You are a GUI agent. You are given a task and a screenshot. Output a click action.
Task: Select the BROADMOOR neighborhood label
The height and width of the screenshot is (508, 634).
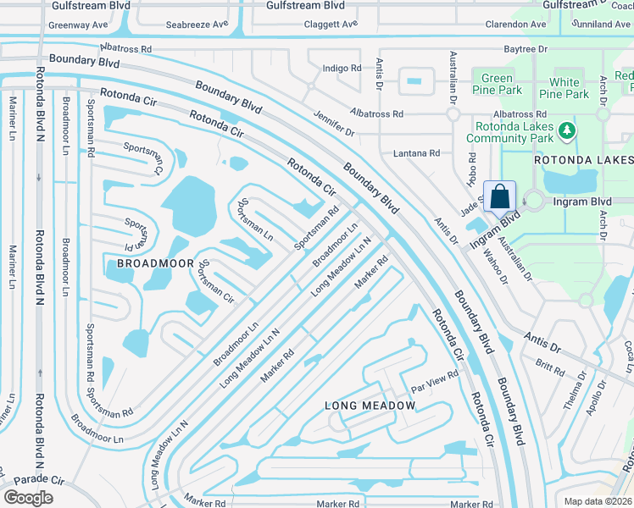coord(150,263)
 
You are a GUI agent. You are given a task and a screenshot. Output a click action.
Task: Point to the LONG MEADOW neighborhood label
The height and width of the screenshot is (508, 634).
coord(370,406)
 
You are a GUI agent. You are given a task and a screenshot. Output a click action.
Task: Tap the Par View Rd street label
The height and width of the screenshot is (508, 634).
coord(434,380)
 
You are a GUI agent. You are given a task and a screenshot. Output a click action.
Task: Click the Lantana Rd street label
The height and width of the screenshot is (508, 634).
coord(416,153)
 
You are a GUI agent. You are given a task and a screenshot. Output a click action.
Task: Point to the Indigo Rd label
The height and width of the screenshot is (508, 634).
coord(342,68)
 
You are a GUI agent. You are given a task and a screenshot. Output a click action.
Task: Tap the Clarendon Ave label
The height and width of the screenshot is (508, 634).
coord(516,25)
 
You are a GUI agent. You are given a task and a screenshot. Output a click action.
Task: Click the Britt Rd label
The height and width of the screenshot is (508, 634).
coord(549,366)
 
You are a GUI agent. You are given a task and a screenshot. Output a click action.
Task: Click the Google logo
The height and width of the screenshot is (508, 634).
coord(28,497)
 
